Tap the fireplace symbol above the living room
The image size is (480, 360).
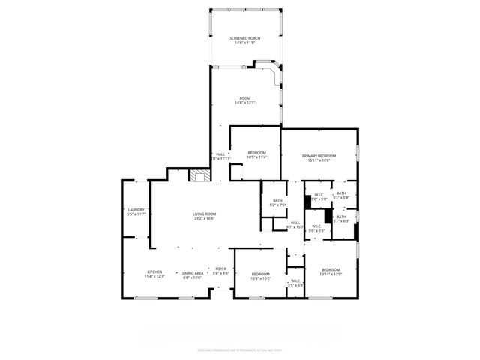point(199,176)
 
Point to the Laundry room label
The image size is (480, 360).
point(136,209)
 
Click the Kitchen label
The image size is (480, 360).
point(154,271)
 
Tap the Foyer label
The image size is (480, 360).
point(220,268)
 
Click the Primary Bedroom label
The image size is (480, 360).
point(319,155)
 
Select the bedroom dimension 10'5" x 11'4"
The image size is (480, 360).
point(257,157)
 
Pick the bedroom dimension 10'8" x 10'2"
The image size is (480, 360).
point(260,278)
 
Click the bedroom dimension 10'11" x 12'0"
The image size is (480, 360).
point(331,274)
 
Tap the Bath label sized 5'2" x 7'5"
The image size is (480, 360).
point(277,205)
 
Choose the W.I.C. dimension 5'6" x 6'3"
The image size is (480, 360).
point(316,230)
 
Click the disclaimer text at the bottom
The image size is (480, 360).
point(239,349)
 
